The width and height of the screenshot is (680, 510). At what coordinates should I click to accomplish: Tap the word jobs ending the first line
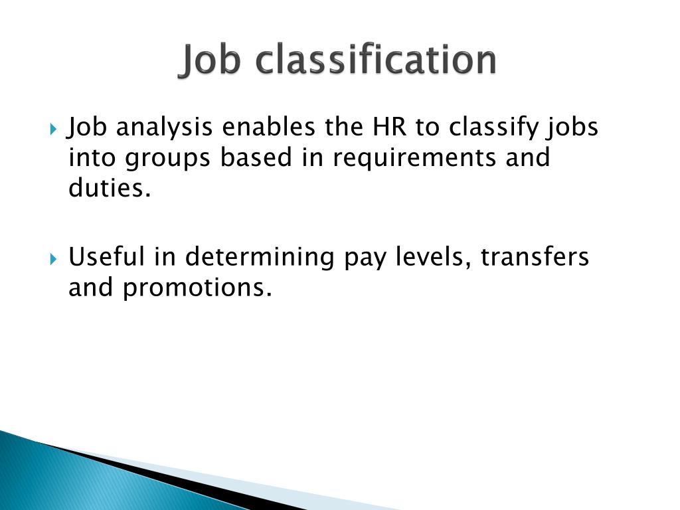[572, 127]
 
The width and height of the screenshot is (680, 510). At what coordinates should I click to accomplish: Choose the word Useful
[108, 256]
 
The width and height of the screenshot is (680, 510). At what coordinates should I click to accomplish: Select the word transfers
[535, 256]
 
